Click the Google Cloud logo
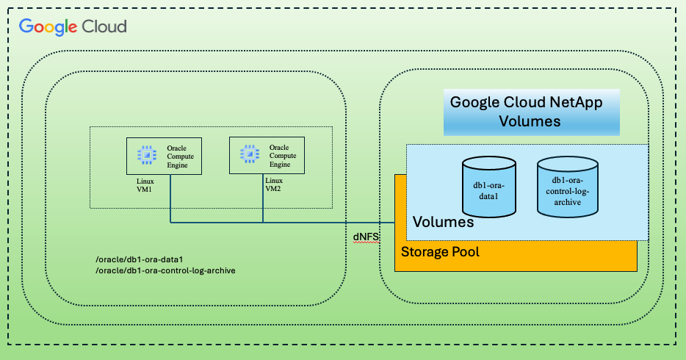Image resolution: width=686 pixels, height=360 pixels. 73,26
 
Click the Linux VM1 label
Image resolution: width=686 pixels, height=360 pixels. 145,184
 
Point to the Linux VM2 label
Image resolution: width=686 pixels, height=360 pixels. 274,184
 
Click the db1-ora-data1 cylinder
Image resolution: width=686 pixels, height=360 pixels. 487,189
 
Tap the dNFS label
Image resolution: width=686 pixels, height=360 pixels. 366,236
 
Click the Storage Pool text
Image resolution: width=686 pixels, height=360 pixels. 440,252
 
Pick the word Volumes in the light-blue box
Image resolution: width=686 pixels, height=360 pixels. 443,221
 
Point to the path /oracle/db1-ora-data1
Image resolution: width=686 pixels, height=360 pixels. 140,259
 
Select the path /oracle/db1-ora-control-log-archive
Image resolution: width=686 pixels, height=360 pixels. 165,271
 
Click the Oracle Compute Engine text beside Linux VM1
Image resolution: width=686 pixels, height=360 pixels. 181,156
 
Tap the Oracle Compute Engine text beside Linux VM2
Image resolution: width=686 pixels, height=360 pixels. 283,156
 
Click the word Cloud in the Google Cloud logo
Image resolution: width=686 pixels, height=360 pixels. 104,26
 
